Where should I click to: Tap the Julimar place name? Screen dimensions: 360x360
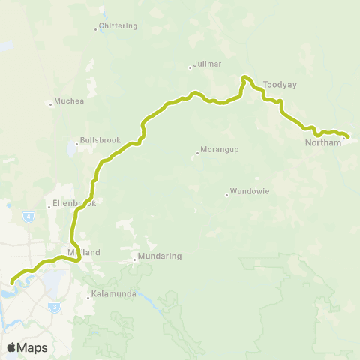(x=206, y=64)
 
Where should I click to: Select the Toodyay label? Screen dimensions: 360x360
(x=280, y=85)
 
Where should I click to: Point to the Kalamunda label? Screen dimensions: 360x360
(x=113, y=294)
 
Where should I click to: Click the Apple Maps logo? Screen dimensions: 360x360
(x=27, y=347)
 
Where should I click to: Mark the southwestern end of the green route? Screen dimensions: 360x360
(x=12, y=283)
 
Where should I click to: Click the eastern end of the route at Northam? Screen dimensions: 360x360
(x=348, y=137)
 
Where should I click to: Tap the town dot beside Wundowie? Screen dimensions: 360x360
(x=226, y=195)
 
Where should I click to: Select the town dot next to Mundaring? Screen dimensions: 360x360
(x=135, y=260)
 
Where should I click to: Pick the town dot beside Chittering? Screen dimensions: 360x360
(x=96, y=30)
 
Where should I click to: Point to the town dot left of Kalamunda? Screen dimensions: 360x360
(x=88, y=298)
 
